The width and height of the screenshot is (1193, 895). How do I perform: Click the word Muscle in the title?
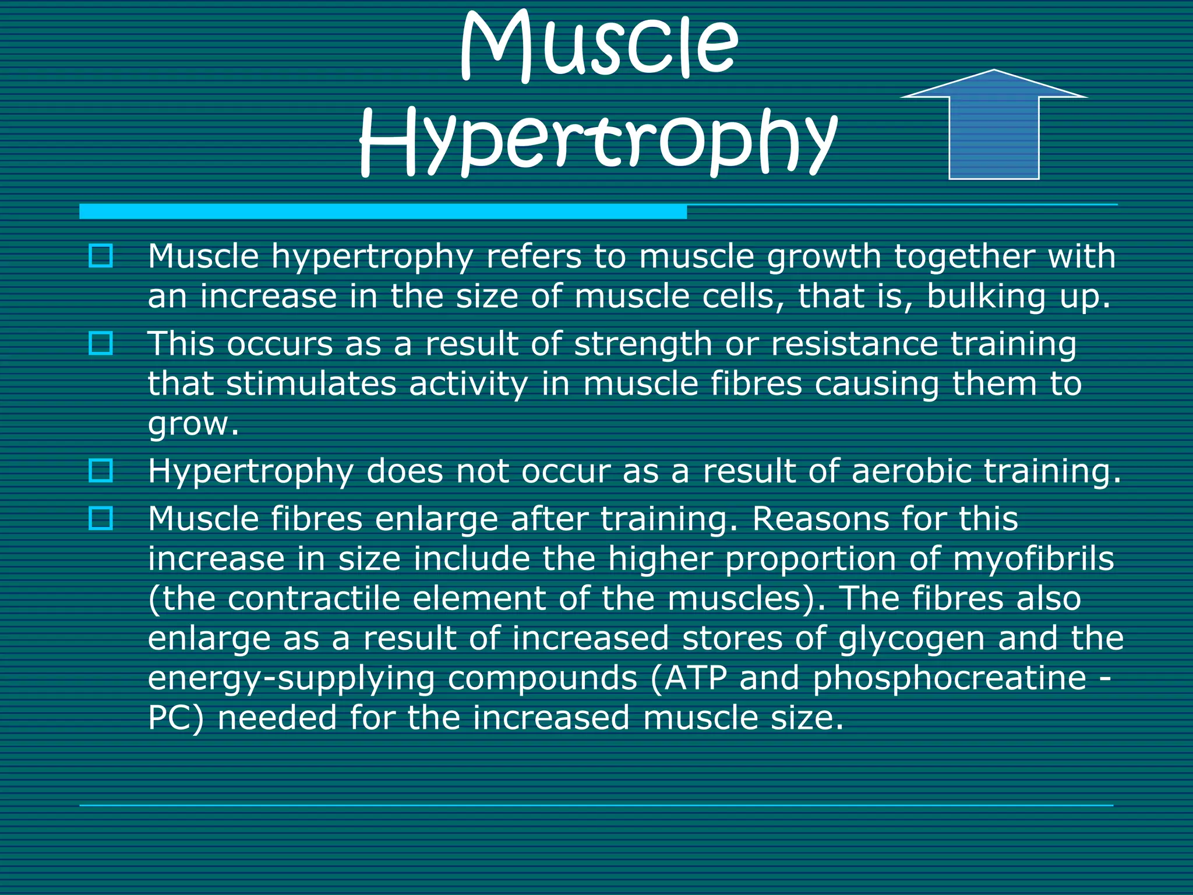pyautogui.click(x=599, y=47)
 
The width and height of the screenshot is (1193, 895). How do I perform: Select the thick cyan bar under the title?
pyautogui.click(x=383, y=212)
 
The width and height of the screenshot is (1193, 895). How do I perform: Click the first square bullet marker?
pyautogui.click(x=101, y=256)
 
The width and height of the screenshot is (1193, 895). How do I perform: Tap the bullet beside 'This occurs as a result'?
pyautogui.click(x=101, y=343)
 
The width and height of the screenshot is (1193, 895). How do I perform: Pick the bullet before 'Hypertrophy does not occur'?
pyautogui.click(x=101, y=470)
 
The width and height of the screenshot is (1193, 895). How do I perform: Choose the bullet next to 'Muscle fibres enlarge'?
pyautogui.click(x=101, y=518)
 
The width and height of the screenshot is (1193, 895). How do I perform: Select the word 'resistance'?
pyautogui.click(x=854, y=344)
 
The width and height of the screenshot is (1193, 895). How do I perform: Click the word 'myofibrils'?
pyautogui.click(x=1033, y=558)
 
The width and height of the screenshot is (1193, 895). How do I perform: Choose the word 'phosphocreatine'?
pyautogui.click(x=950, y=678)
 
